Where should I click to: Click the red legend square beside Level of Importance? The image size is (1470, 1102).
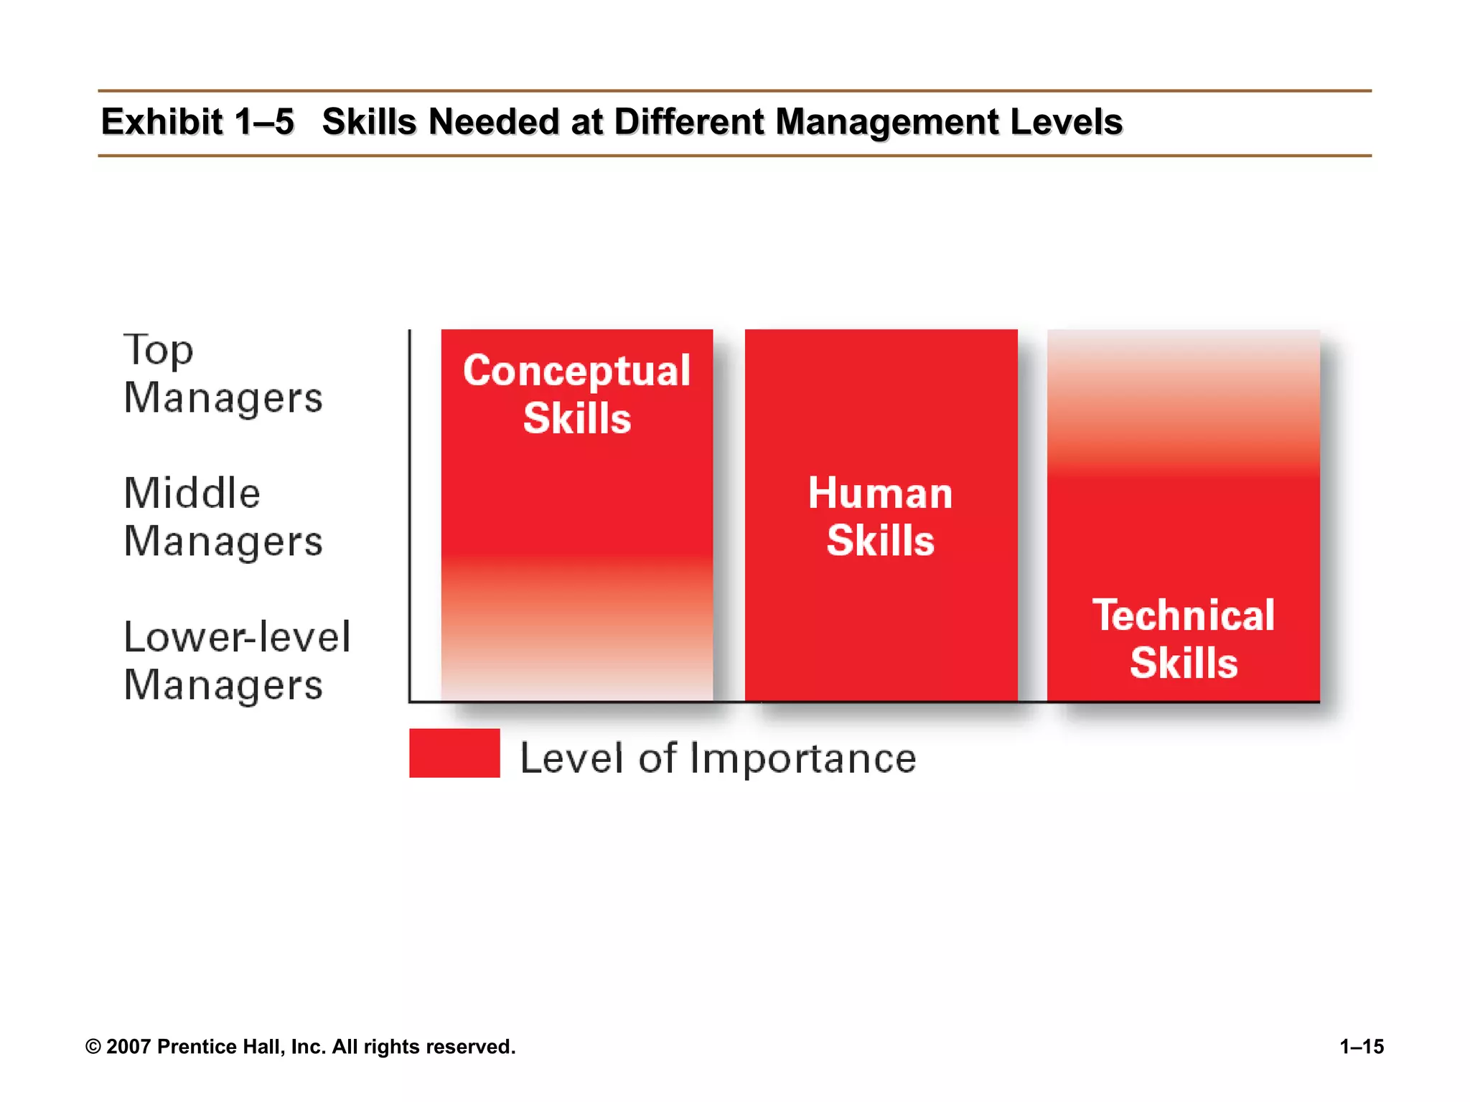[x=454, y=753]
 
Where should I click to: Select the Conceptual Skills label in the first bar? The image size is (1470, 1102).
[x=577, y=394]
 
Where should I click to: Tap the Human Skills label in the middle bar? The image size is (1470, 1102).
[x=881, y=517]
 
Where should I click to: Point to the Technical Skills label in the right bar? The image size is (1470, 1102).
[x=1184, y=639]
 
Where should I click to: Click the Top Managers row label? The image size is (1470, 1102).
[x=223, y=374]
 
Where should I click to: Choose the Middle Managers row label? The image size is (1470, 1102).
[x=223, y=517]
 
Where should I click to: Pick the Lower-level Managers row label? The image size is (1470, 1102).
[x=237, y=661]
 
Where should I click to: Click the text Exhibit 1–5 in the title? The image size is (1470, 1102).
[x=197, y=122]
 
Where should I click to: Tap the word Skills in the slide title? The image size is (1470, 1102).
[x=369, y=122]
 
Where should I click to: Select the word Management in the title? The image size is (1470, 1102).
[x=887, y=122]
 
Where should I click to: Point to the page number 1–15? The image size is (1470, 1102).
[x=1362, y=1047]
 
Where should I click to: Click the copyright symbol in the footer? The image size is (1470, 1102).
[x=93, y=1047]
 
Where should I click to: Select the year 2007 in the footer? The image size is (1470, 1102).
[x=128, y=1047]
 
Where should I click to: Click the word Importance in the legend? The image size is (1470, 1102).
[x=803, y=758]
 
